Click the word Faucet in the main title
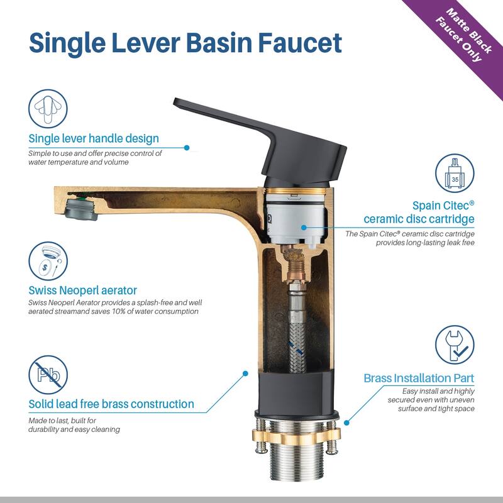(300, 43)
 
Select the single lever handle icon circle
(48, 108)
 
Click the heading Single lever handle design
(94, 138)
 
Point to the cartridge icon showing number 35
(455, 174)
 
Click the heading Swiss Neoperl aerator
(83, 290)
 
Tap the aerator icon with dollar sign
(48, 261)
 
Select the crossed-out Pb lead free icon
(48, 375)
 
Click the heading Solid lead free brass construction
(111, 404)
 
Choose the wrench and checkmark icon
(455, 345)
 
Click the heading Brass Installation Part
(419, 378)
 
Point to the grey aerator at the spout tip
(82, 209)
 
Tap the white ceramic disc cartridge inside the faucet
(296, 218)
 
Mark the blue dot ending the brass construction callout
(245, 373)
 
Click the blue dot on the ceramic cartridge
(304, 227)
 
